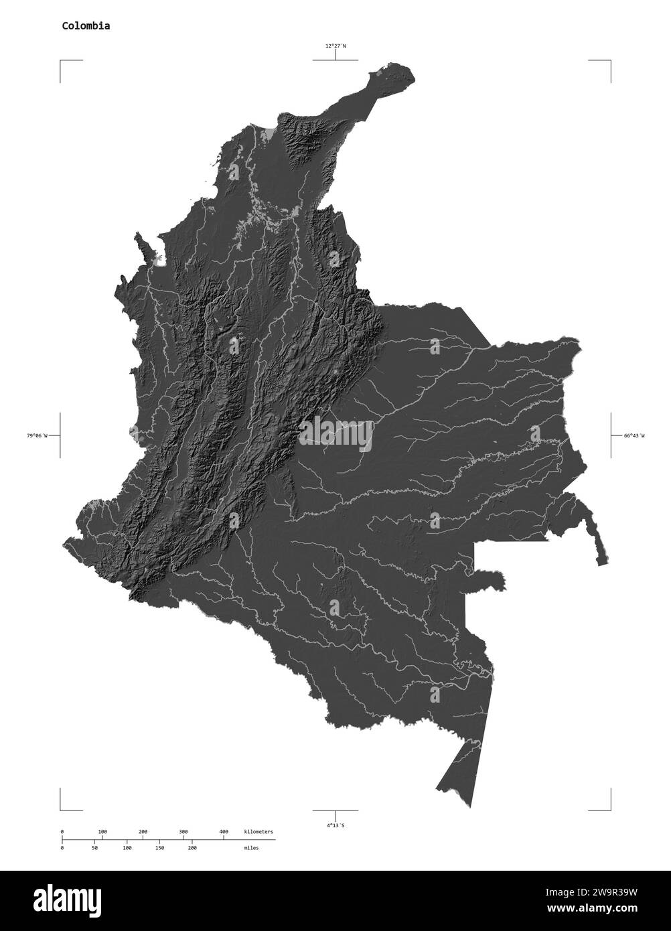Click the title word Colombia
(86, 26)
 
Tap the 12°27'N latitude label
(335, 46)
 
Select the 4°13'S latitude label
(335, 826)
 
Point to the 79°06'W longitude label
(38, 436)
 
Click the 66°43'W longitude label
(634, 436)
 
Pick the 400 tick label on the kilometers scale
(224, 832)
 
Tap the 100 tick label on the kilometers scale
(102, 832)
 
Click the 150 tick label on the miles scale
(159, 848)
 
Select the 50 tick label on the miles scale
(94, 848)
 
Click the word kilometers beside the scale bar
(258, 832)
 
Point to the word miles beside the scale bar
(252, 848)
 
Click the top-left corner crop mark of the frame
(61, 61)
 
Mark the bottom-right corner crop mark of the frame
(610, 809)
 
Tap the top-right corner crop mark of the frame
(610, 61)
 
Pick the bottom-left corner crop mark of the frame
(61, 809)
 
